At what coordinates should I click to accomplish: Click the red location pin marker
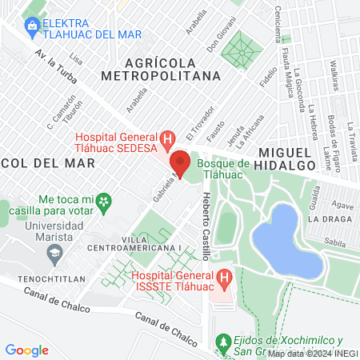181,164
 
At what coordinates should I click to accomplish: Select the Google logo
27,350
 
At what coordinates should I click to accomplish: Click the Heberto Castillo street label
206,226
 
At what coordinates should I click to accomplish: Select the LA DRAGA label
328,218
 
